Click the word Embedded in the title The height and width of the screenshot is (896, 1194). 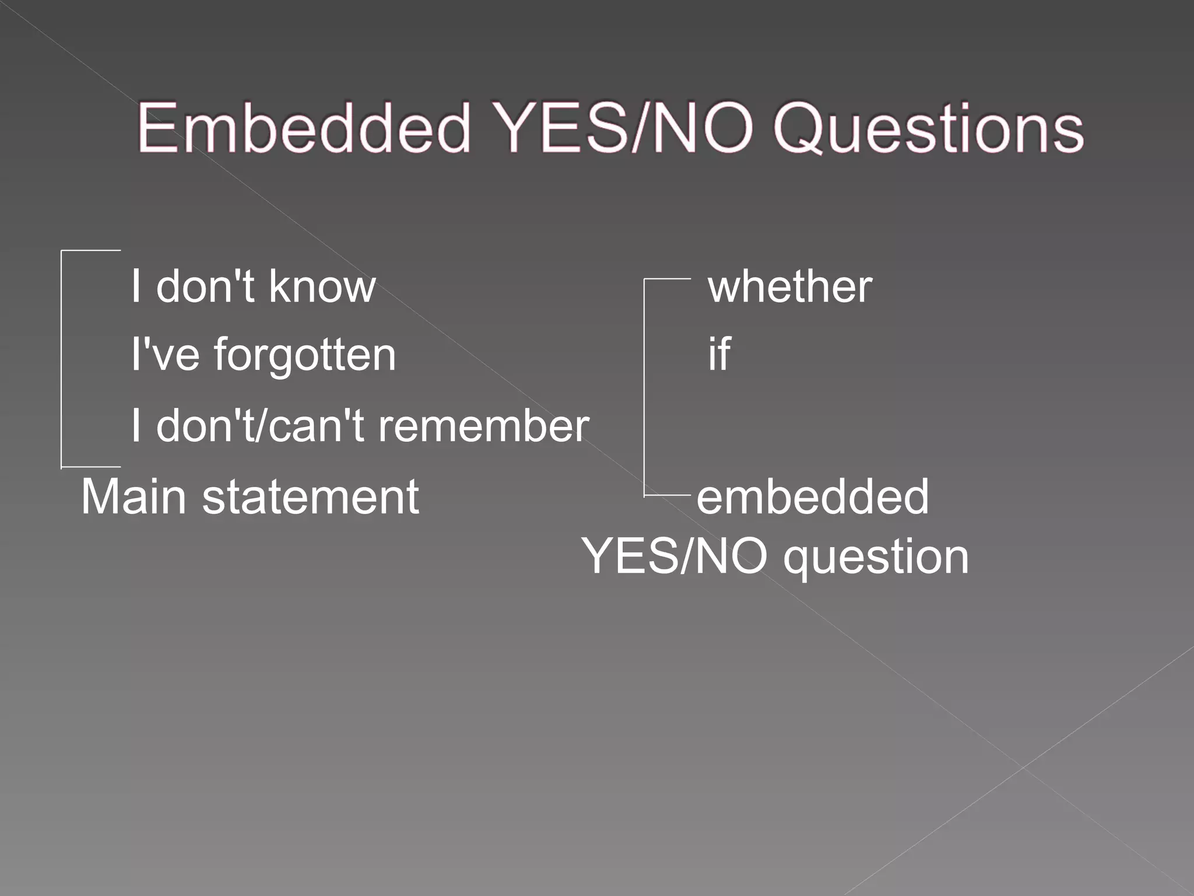pyautogui.click(x=304, y=128)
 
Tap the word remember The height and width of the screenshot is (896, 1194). pyautogui.click(x=483, y=425)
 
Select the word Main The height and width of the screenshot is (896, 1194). pyautogui.click(x=134, y=496)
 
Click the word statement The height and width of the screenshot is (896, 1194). pyautogui.click(x=310, y=498)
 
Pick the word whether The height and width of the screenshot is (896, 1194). pyautogui.click(x=790, y=286)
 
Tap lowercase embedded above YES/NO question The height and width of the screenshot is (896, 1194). pyautogui.click(x=813, y=496)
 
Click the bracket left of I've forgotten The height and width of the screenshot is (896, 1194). pyautogui.click(x=62, y=359)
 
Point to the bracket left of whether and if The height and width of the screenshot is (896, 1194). pyautogui.click(x=645, y=388)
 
